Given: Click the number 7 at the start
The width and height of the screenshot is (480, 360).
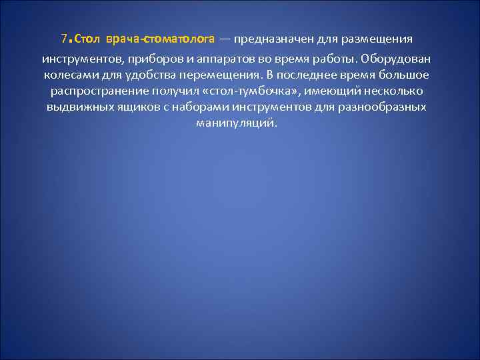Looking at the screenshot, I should [63, 37].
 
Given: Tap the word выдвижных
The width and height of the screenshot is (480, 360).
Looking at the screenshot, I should [75, 107].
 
